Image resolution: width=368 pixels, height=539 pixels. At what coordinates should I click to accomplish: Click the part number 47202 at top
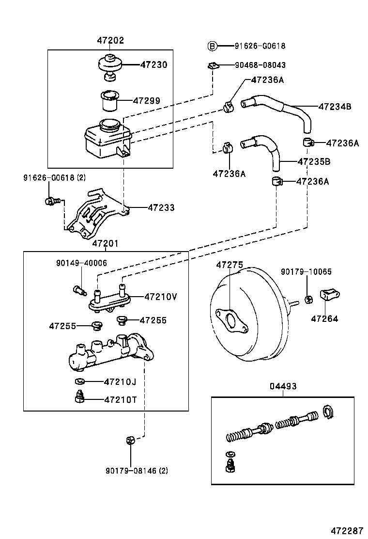[x=110, y=41]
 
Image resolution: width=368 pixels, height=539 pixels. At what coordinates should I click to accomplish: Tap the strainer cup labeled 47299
[x=109, y=101]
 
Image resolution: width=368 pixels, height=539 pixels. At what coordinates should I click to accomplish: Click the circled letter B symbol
[x=212, y=46]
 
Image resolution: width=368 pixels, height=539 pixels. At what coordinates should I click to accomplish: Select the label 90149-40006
[x=81, y=263]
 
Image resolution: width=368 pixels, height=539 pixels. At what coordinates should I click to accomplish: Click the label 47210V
[x=160, y=297]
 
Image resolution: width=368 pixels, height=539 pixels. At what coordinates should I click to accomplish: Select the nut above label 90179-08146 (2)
[x=130, y=440]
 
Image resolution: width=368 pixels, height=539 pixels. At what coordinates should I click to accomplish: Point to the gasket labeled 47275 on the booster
[x=230, y=321]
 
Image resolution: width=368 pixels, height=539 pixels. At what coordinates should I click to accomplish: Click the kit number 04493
[x=283, y=386]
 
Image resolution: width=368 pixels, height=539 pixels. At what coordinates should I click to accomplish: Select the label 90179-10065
[x=306, y=272]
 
